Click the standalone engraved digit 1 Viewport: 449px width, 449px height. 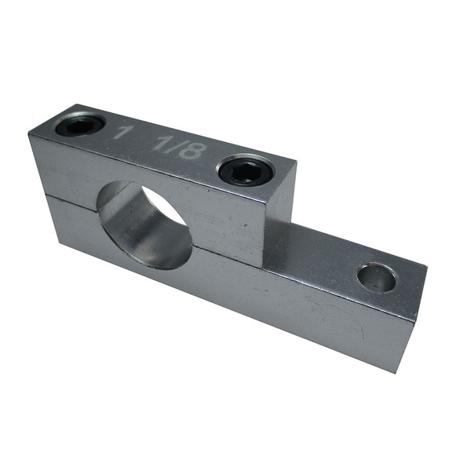119,131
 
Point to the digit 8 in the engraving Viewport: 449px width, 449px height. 193,150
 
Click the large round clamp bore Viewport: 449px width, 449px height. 144,224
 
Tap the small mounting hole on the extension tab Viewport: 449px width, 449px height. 377,277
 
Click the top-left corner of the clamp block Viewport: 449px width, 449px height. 30,135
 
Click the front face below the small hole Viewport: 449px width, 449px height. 361,330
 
